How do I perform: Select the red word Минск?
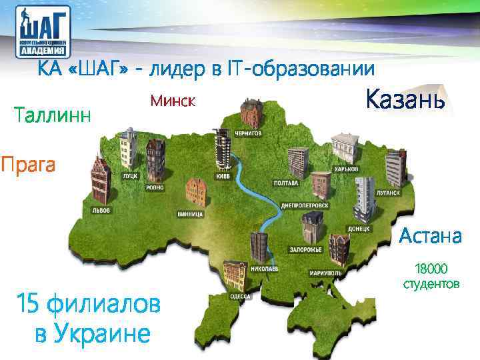point(172,101)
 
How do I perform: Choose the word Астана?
point(430,235)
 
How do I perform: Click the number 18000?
point(431,269)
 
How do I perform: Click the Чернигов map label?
point(247,133)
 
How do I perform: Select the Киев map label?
point(222,177)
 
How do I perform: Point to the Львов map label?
point(101,210)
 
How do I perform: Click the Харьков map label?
point(346,169)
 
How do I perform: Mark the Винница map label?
point(191,214)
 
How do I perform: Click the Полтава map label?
point(286,182)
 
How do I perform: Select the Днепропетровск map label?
point(305,205)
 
